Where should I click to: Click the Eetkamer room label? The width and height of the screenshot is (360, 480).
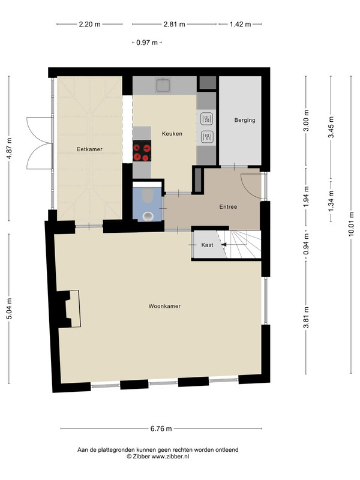[89, 149]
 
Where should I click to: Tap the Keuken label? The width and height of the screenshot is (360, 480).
[172, 134]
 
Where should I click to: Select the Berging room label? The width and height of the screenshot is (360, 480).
[245, 120]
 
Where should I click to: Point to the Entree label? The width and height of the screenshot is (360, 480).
[229, 206]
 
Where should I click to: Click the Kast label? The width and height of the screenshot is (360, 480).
[207, 245]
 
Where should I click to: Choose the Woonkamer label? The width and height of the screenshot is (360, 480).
[164, 306]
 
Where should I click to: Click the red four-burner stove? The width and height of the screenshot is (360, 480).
[142, 151]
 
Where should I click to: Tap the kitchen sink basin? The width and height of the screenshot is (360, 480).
[163, 85]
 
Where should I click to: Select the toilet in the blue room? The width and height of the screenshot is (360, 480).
[148, 196]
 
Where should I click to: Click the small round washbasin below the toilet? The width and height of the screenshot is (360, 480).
[148, 217]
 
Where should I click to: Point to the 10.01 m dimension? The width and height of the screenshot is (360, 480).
[351, 224]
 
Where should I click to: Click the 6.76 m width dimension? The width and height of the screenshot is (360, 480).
[161, 428]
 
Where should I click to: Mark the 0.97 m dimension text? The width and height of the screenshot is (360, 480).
[147, 43]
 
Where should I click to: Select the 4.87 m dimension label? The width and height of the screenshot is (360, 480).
[9, 148]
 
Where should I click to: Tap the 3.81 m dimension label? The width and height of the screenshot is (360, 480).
[306, 317]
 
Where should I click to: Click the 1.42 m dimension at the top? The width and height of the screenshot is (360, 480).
[241, 24]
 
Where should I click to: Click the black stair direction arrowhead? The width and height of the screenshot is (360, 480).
[224, 245]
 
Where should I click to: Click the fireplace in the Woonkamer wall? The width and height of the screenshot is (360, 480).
[69, 309]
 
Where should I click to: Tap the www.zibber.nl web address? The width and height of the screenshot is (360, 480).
[170, 456]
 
